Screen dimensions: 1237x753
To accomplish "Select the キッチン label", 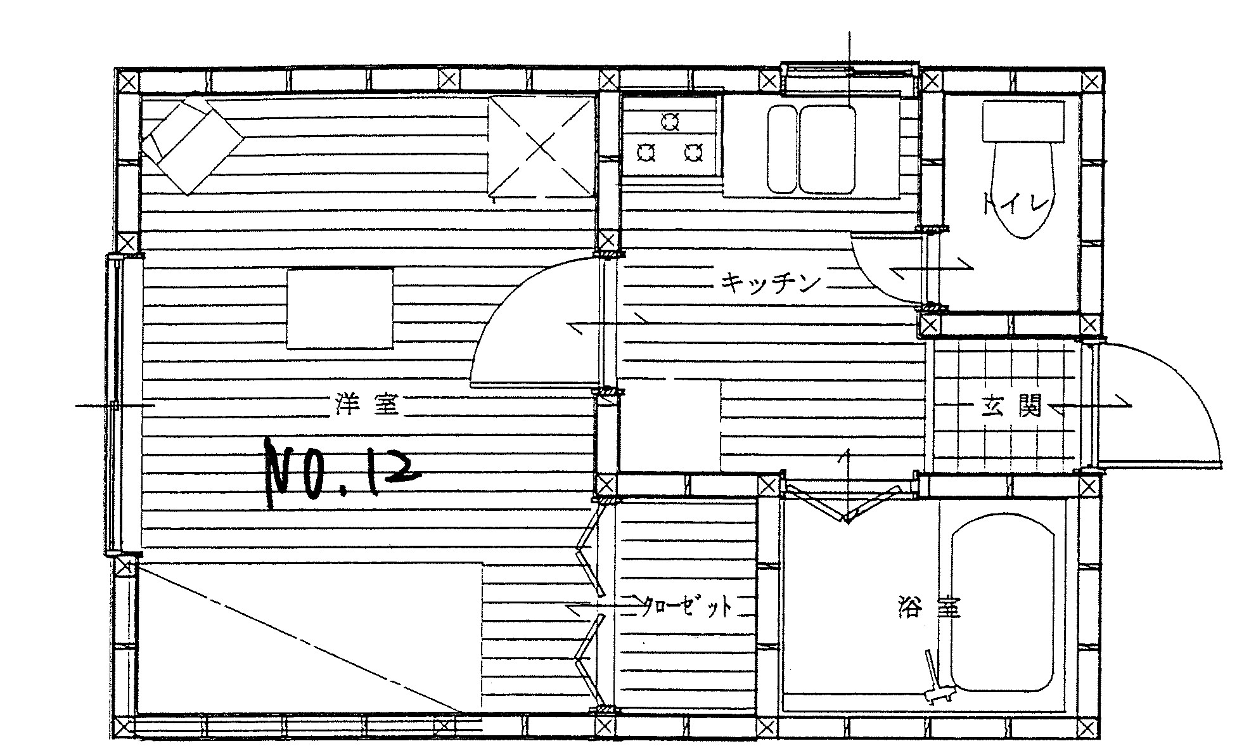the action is pyautogui.click(x=771, y=283).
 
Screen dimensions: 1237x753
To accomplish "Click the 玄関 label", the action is pyautogui.click(x=1012, y=406).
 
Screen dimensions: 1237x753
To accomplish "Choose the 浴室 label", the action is pyautogui.click(x=930, y=607).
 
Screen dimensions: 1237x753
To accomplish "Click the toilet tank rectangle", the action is pyautogui.click(x=1023, y=122).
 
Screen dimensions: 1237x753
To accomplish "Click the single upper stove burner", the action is pyautogui.click(x=669, y=120).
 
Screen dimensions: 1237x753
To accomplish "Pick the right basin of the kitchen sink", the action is pyautogui.click(x=828, y=149).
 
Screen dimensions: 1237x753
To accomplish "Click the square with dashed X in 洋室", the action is pyautogui.click(x=541, y=147).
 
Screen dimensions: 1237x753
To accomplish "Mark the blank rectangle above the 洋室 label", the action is pyautogui.click(x=340, y=309).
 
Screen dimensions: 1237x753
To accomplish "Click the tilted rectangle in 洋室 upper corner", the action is pyautogui.click(x=193, y=146).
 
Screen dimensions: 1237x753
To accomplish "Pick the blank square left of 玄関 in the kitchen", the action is pyautogui.click(x=670, y=425).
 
